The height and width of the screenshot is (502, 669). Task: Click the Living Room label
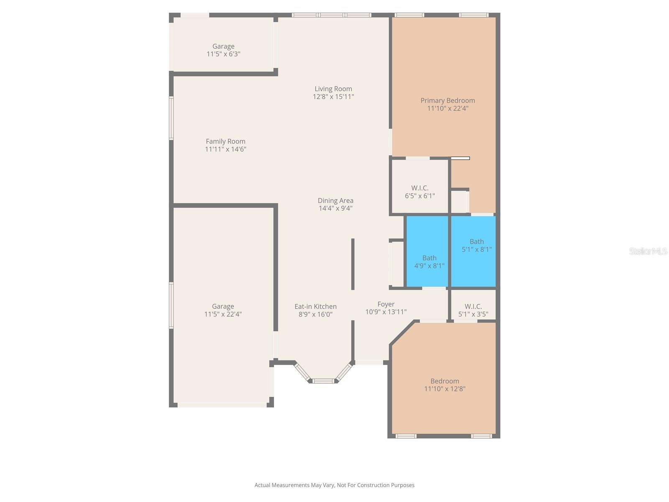333,89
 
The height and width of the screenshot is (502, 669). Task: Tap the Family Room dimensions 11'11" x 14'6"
225,149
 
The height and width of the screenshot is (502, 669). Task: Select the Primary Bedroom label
447,100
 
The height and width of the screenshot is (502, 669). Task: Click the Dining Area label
335,200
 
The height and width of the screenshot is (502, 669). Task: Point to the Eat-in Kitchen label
315,307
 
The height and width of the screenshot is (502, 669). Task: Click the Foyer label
386,304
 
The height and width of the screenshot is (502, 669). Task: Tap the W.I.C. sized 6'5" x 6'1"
420,192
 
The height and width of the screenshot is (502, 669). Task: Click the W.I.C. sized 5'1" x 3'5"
473,310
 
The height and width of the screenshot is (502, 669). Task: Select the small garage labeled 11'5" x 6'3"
223,50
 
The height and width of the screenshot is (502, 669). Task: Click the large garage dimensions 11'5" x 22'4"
223,314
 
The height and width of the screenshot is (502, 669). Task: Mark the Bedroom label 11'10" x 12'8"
444,381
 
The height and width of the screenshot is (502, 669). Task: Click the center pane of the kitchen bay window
324,381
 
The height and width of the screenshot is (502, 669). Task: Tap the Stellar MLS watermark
648,251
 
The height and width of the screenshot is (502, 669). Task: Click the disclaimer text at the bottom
334,485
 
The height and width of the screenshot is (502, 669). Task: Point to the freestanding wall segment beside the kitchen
353,264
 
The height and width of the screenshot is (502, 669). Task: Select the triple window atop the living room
331,15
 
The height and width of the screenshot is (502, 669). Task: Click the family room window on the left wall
171,118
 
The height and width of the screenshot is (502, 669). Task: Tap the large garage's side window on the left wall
171,305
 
